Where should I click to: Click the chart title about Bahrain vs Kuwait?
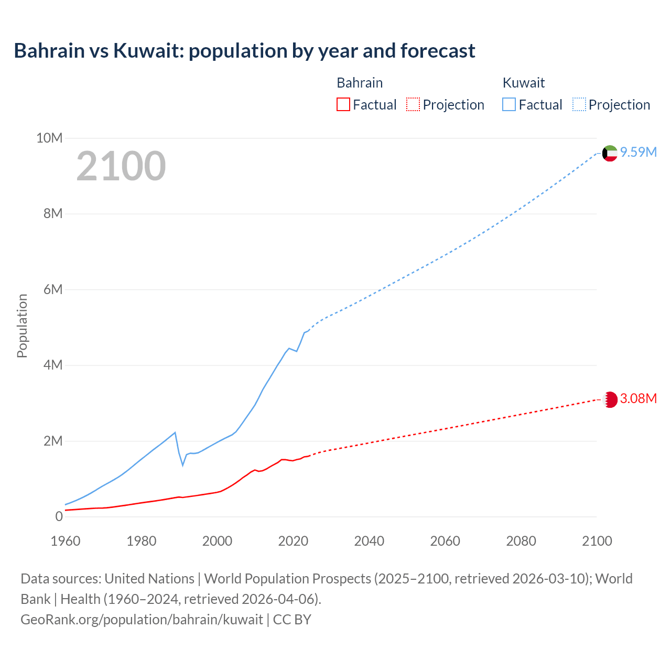(244, 51)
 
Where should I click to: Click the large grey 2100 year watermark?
(121, 166)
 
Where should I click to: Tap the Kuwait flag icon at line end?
(610, 153)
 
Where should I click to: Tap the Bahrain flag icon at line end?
(610, 399)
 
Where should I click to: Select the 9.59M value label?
(638, 152)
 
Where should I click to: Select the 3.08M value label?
(638, 398)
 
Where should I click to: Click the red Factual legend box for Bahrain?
(343, 104)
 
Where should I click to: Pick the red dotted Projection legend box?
(413, 104)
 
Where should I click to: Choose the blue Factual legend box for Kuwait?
(508, 104)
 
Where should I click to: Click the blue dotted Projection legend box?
(579, 104)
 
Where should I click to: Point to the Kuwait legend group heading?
(523, 83)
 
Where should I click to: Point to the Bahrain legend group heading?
(359, 83)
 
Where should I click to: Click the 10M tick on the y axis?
(49, 138)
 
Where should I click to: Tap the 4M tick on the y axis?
(52, 365)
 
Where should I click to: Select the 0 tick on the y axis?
(59, 516)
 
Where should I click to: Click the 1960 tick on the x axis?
(66, 541)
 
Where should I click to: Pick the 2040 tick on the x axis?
(369, 541)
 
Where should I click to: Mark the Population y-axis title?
(22, 326)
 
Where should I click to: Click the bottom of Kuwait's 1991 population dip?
(183, 465)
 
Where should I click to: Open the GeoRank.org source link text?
(142, 619)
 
